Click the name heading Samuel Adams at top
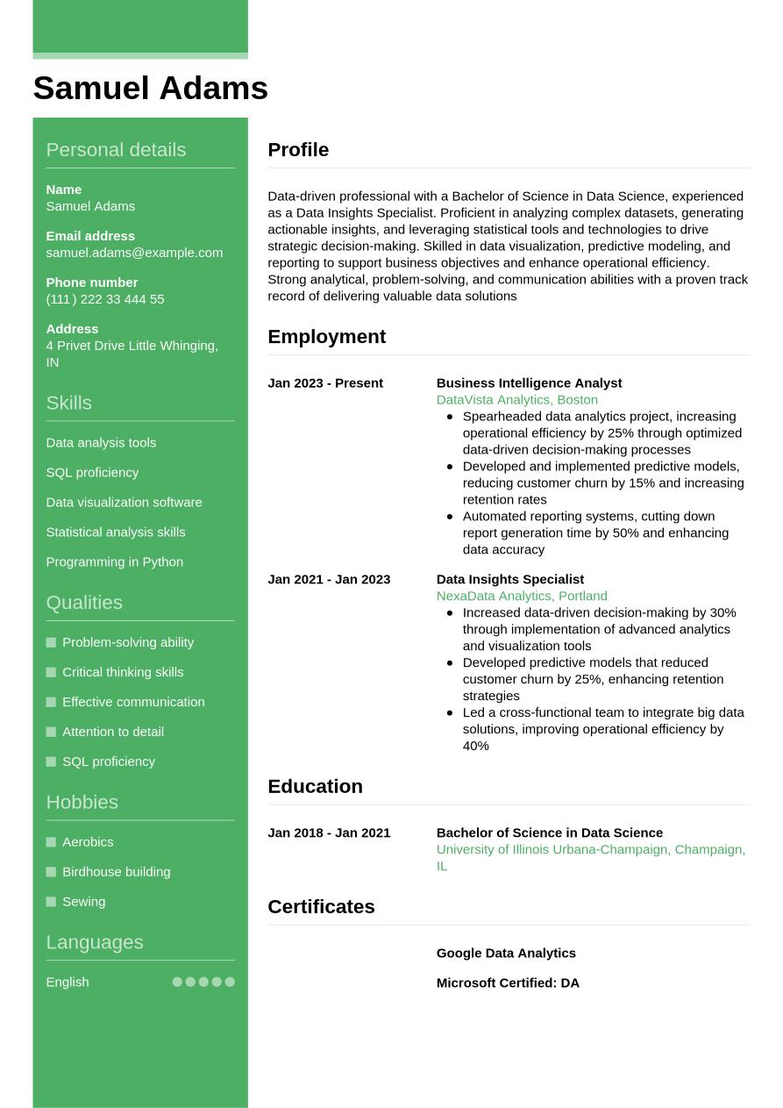click(x=150, y=89)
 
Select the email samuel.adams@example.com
click(x=134, y=253)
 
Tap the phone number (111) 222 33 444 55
click(x=105, y=299)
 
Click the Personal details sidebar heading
click(x=116, y=150)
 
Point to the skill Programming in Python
click(x=114, y=561)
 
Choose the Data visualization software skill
click(x=124, y=502)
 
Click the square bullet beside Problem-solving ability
click(x=51, y=642)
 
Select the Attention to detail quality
click(x=112, y=732)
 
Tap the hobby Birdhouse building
click(x=116, y=871)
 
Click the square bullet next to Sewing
click(x=51, y=902)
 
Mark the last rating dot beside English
click(x=230, y=982)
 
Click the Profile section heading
click(x=298, y=150)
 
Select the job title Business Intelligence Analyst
click(x=529, y=383)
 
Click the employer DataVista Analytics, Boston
click(x=516, y=400)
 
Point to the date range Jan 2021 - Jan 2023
click(x=329, y=579)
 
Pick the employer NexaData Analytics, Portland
click(x=521, y=596)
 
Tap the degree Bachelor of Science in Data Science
click(x=549, y=833)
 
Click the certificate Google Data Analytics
click(x=506, y=953)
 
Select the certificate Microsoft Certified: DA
click(x=508, y=983)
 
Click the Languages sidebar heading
click(x=94, y=942)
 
